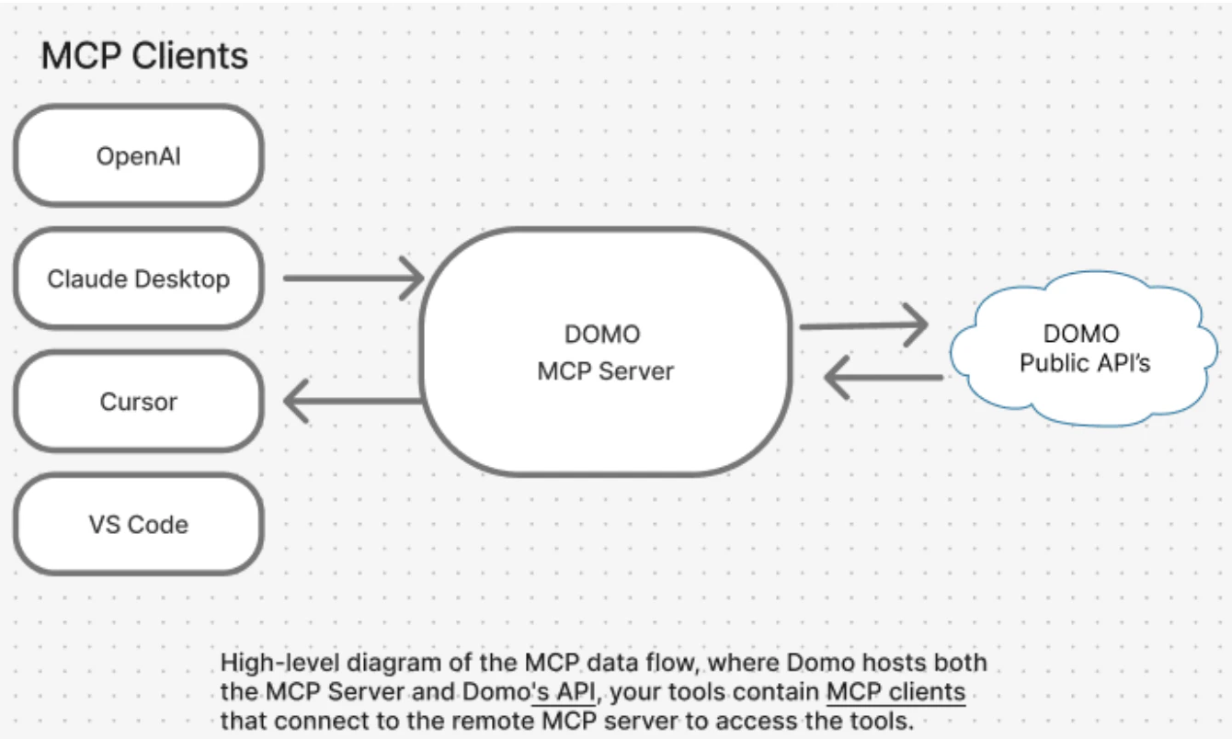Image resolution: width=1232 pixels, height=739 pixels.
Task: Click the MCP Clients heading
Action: point(144,56)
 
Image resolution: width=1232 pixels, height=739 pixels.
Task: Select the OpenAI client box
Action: point(138,155)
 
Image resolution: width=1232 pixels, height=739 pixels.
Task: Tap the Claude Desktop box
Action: point(138,279)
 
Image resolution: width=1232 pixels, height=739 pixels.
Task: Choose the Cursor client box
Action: point(138,402)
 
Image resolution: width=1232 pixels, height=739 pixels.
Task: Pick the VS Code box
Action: point(138,525)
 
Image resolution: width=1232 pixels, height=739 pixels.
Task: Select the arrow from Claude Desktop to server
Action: point(353,277)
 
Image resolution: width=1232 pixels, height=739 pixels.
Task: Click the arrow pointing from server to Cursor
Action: point(353,400)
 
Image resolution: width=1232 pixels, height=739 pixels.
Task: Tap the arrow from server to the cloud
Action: point(865,324)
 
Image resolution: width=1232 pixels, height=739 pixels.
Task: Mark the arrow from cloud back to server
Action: point(883,378)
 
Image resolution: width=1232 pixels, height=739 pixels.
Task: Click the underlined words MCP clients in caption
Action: point(895,692)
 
